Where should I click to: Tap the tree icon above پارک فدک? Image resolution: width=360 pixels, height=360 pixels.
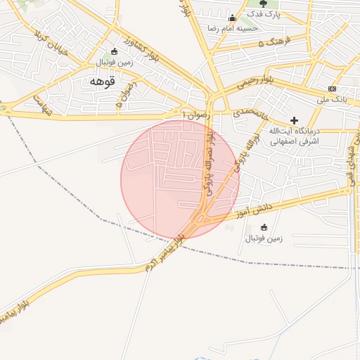(263, 4)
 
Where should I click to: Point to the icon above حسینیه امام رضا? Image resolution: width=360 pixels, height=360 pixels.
(232, 18)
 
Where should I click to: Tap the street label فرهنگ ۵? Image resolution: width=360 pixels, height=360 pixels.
(272, 44)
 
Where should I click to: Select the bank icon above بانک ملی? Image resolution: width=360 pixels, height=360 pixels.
(332, 89)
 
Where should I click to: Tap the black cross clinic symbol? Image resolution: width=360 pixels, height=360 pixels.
(294, 120)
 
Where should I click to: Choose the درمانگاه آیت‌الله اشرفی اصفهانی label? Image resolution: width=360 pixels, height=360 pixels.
(295, 136)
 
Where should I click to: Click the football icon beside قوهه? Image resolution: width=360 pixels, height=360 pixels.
(114, 51)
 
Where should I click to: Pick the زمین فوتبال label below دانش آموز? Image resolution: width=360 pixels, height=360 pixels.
(264, 238)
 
